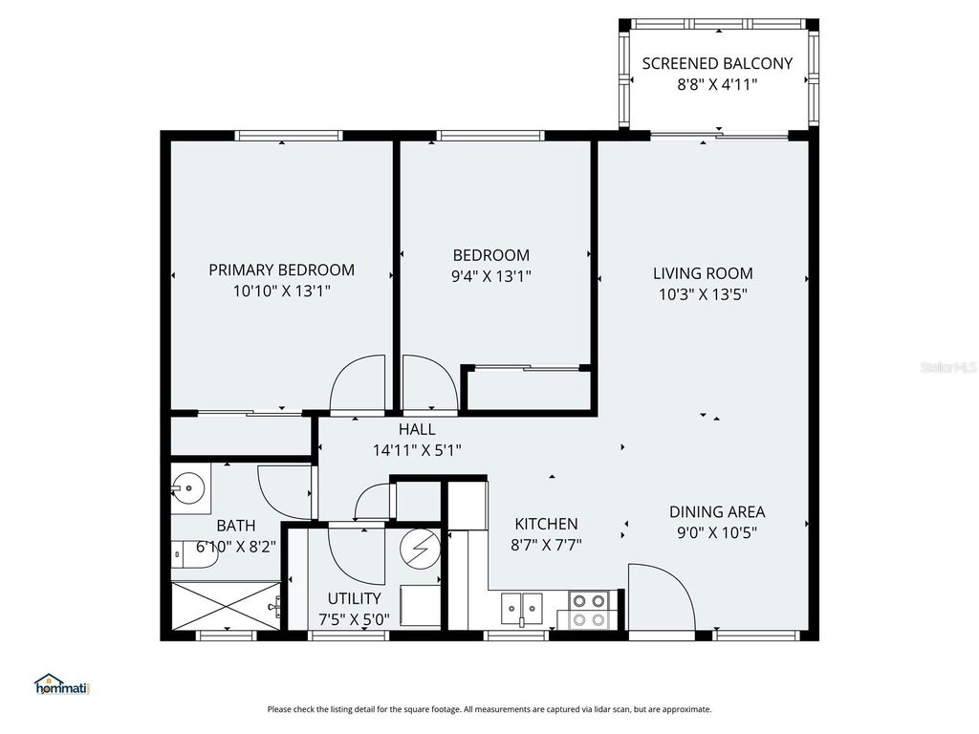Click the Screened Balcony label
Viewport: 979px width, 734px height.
pyautogui.click(x=717, y=64)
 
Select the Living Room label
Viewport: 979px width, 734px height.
pyautogui.click(x=703, y=273)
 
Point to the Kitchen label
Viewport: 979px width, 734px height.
pyautogui.click(x=546, y=524)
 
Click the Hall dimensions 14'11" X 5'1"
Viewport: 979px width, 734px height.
pyautogui.click(x=417, y=450)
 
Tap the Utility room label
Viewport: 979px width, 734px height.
pyautogui.click(x=354, y=598)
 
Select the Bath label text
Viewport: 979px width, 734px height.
pyautogui.click(x=235, y=525)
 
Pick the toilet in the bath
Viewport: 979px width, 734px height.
pyautogui.click(x=191, y=555)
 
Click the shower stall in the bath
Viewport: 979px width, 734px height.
pyautogui.click(x=228, y=606)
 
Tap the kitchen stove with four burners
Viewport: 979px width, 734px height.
pyautogui.click(x=589, y=611)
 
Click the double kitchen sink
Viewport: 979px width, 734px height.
pyautogui.click(x=522, y=606)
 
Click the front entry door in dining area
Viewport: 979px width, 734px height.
pyautogui.click(x=660, y=597)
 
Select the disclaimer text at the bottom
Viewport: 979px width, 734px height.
pyautogui.click(x=489, y=709)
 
